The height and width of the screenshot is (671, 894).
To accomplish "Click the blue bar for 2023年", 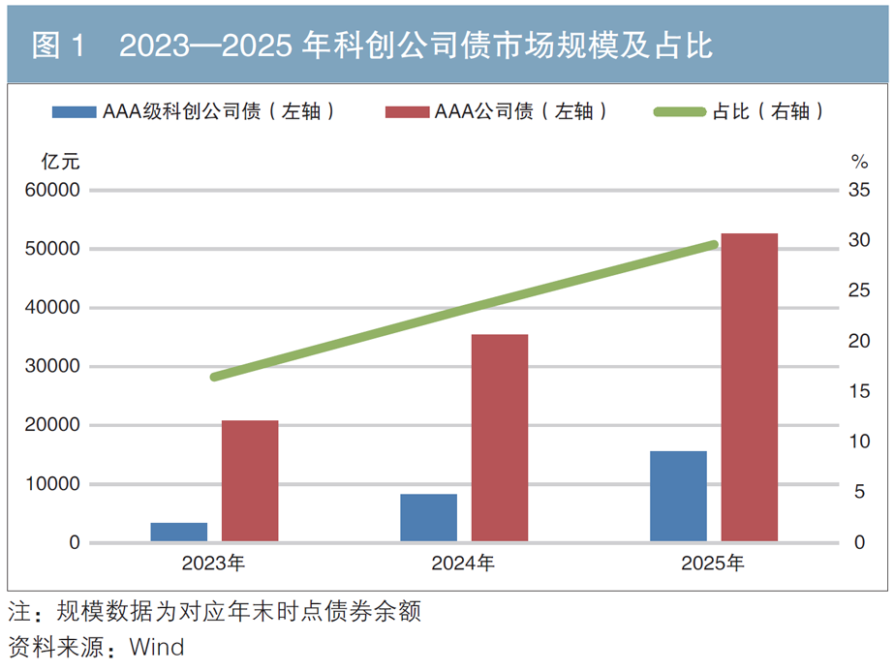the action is pyautogui.click(x=179, y=532).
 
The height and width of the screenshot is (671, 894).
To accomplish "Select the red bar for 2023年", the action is pyautogui.click(x=250, y=480).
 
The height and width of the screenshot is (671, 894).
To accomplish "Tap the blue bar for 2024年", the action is pyautogui.click(x=429, y=518).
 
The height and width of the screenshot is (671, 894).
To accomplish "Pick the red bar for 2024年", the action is pyautogui.click(x=500, y=438).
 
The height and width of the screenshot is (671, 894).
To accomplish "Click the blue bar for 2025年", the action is pyautogui.click(x=678, y=496).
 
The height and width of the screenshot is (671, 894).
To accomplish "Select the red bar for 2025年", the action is pyautogui.click(x=749, y=387).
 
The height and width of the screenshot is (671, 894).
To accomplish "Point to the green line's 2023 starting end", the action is pyautogui.click(x=214, y=377).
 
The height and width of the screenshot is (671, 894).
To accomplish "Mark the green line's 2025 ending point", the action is pyautogui.click(x=714, y=245).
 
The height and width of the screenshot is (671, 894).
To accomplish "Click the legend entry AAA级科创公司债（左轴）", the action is pyautogui.click(x=194, y=111).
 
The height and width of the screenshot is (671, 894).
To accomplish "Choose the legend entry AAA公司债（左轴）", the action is pyautogui.click(x=497, y=111).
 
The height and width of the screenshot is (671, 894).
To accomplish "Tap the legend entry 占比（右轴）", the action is pyautogui.click(x=739, y=111).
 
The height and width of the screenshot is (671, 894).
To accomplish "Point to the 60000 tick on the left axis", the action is pyautogui.click(x=52, y=190).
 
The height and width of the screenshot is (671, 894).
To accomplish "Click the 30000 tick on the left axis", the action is pyautogui.click(x=52, y=366).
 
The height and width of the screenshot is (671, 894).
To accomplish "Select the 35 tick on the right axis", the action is pyautogui.click(x=859, y=190).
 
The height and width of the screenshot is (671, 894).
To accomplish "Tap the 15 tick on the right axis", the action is pyautogui.click(x=859, y=391).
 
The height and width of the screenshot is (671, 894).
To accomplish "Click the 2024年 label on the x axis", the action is pyautogui.click(x=463, y=564).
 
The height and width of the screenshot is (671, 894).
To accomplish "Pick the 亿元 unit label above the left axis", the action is pyautogui.click(x=60, y=162).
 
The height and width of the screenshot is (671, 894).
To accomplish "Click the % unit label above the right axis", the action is pyautogui.click(x=860, y=162).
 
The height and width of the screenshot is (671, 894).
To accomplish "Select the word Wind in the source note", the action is pyautogui.click(x=157, y=647).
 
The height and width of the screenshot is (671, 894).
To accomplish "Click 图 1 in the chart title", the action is pyautogui.click(x=58, y=46).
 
